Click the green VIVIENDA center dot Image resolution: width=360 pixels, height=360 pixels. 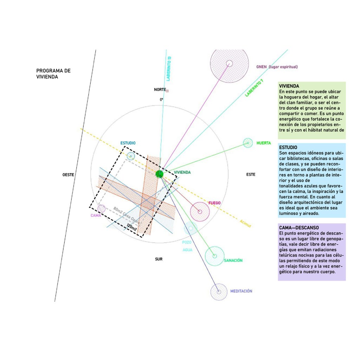160,173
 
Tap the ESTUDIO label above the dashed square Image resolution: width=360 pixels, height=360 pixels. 128,143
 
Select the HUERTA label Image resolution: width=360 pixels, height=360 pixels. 264,143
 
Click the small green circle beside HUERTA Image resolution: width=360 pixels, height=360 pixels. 248,143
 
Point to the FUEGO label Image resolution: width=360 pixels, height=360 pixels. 214,203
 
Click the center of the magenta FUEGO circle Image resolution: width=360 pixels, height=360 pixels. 200,212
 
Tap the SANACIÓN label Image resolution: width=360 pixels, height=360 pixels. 233,261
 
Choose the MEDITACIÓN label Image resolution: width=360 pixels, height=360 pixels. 241,291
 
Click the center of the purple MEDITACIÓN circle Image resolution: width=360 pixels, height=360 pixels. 219,292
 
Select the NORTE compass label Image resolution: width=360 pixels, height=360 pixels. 160,90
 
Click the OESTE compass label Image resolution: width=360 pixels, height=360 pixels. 68,175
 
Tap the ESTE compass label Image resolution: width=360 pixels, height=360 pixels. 251,174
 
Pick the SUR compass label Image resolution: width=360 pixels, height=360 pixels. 159,259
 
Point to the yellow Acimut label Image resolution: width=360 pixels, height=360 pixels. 245,223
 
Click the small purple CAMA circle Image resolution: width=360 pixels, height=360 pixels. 102,208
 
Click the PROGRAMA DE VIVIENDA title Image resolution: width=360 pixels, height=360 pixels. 53,73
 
